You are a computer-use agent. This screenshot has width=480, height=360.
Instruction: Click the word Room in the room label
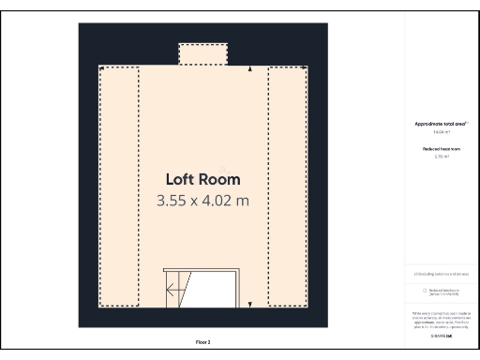click(220, 179)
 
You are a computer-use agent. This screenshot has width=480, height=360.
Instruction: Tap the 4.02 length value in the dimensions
click(217, 200)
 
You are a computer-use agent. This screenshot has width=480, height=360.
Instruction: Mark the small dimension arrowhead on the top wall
click(249, 69)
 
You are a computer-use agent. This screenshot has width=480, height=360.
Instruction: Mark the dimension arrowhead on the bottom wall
click(249, 303)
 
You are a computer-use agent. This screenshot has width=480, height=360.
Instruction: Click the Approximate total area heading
click(441, 124)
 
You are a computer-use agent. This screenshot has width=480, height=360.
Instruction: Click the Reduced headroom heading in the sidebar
click(441, 148)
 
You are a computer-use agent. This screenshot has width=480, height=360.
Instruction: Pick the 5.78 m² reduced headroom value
click(441, 157)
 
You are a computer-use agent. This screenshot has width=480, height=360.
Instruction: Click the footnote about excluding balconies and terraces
click(441, 274)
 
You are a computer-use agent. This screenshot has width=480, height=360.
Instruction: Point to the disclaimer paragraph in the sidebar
click(441, 320)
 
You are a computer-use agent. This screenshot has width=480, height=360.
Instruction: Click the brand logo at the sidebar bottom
click(441, 335)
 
